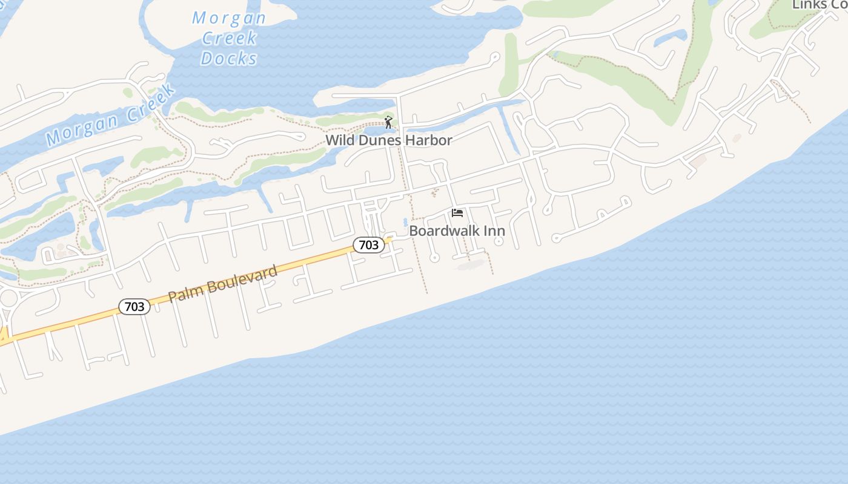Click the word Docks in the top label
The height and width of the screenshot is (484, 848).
[229, 58]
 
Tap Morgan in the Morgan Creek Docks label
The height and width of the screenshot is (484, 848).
[229, 18]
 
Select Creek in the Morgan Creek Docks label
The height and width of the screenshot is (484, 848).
[229, 38]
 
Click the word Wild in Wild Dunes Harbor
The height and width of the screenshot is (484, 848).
[340, 140]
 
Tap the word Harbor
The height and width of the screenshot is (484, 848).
[429, 140]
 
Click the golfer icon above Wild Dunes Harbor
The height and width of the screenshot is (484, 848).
[388, 122]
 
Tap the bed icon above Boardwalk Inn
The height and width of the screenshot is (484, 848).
[457, 213]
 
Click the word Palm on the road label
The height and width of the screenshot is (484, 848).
[183, 293]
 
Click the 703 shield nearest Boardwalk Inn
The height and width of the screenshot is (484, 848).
[368, 244]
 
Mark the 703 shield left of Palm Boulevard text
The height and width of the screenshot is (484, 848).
[134, 307]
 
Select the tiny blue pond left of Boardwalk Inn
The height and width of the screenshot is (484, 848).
[405, 222]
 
